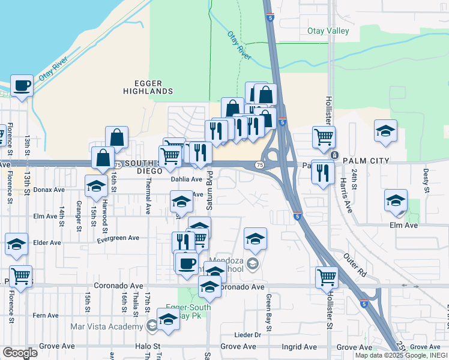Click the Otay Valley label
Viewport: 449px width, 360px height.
(x=328, y=31)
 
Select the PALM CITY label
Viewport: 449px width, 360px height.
(x=366, y=161)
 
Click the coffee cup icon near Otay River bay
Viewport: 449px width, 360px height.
(x=22, y=86)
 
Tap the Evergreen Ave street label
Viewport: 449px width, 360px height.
(x=118, y=238)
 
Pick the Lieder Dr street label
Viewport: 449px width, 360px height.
(x=249, y=335)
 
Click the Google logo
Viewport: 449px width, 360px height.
(x=20, y=353)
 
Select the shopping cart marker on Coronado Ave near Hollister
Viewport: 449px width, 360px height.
(x=327, y=277)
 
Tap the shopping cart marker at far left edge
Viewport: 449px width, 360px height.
(x=21, y=277)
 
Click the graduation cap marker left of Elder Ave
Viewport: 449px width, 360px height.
(x=16, y=244)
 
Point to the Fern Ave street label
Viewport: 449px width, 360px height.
(x=46, y=315)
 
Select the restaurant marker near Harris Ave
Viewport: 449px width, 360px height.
(x=324, y=173)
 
